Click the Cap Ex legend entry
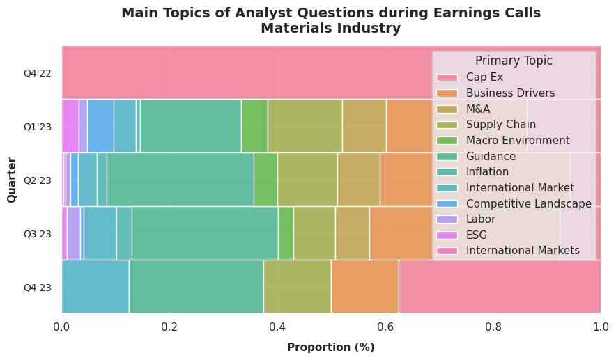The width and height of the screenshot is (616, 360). pos(484,77)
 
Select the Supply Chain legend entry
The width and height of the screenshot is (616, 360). pos(501,125)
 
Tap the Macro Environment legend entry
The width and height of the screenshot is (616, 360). pos(518,141)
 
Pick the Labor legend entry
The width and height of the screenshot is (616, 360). pos(480,219)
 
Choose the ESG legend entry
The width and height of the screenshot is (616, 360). pos(477,235)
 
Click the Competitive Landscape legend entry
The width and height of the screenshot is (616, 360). pos(528,203)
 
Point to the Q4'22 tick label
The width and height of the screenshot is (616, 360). pos(37,73)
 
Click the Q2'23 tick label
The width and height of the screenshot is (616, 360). pos(37,180)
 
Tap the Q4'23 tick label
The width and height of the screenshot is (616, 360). pos(37,288)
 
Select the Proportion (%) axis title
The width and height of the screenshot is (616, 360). pos(330,347)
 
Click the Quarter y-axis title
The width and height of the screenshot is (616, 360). pos(12,180)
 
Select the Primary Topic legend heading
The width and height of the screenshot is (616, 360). pos(514,61)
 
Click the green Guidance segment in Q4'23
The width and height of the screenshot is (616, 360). pos(196,287)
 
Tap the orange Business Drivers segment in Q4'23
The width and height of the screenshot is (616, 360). pos(364,287)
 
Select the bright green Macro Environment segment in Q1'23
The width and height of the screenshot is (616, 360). pos(254,126)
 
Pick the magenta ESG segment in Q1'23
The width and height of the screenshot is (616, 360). pos(70,126)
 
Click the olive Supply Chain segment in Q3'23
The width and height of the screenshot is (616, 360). pos(314,233)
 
